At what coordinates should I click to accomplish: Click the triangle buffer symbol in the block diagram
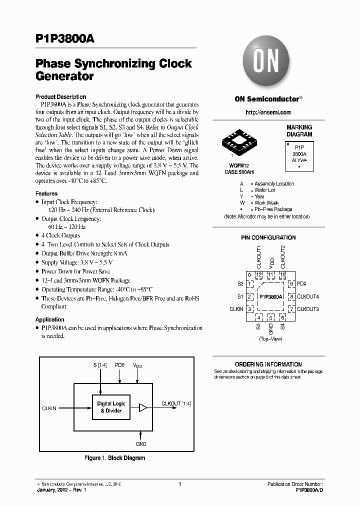coord(143,408)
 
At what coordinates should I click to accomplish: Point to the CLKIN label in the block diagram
coord(50,408)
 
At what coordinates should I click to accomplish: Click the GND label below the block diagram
coord(141,443)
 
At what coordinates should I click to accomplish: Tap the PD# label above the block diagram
coord(119,365)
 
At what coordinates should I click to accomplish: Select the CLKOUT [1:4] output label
coord(176,403)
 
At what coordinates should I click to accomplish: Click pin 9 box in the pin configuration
coord(290,284)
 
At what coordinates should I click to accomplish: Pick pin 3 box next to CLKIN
coord(249,309)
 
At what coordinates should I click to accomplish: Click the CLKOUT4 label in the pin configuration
coord(308,296)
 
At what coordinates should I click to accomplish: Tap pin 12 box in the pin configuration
coord(259,275)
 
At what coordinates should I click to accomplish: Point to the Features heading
coord(46,193)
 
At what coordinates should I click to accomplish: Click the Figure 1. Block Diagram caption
coord(114,457)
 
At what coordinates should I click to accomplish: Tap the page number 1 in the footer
coord(179,484)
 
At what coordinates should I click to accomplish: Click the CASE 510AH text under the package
coord(235,172)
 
